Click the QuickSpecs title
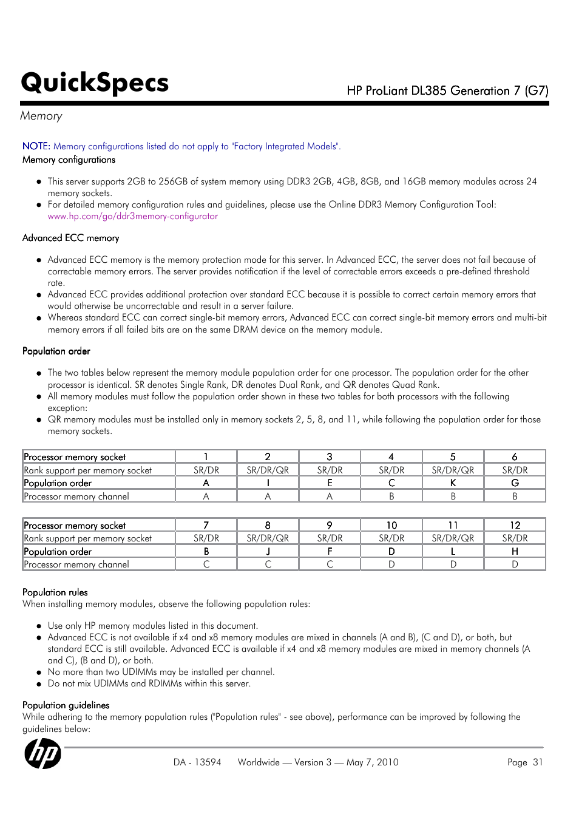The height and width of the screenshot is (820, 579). (x=95, y=83)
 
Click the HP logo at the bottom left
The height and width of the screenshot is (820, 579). (x=42, y=753)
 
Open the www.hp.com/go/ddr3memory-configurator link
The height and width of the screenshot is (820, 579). (x=132, y=216)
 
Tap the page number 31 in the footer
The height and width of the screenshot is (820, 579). (x=537, y=762)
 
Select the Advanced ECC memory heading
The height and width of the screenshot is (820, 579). (x=70, y=238)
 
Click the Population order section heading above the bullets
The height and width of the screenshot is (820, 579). (x=56, y=351)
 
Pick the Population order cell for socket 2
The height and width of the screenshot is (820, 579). (x=268, y=483)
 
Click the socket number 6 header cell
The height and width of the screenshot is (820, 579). (x=515, y=456)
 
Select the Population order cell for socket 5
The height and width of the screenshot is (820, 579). (x=453, y=483)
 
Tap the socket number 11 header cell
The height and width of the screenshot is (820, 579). (x=453, y=525)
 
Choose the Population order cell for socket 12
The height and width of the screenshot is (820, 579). (x=515, y=551)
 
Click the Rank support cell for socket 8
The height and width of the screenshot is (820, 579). (x=268, y=538)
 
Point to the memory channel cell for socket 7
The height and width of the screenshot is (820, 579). (x=206, y=564)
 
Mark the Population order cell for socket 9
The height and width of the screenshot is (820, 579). (x=330, y=551)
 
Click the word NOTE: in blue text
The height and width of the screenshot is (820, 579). (x=36, y=146)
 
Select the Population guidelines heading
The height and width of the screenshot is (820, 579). (x=66, y=705)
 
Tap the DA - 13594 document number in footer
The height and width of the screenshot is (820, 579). (x=197, y=762)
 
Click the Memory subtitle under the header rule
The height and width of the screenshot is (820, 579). (x=41, y=116)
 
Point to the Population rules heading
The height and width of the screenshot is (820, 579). (x=55, y=592)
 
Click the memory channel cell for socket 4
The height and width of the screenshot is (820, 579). (x=391, y=496)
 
